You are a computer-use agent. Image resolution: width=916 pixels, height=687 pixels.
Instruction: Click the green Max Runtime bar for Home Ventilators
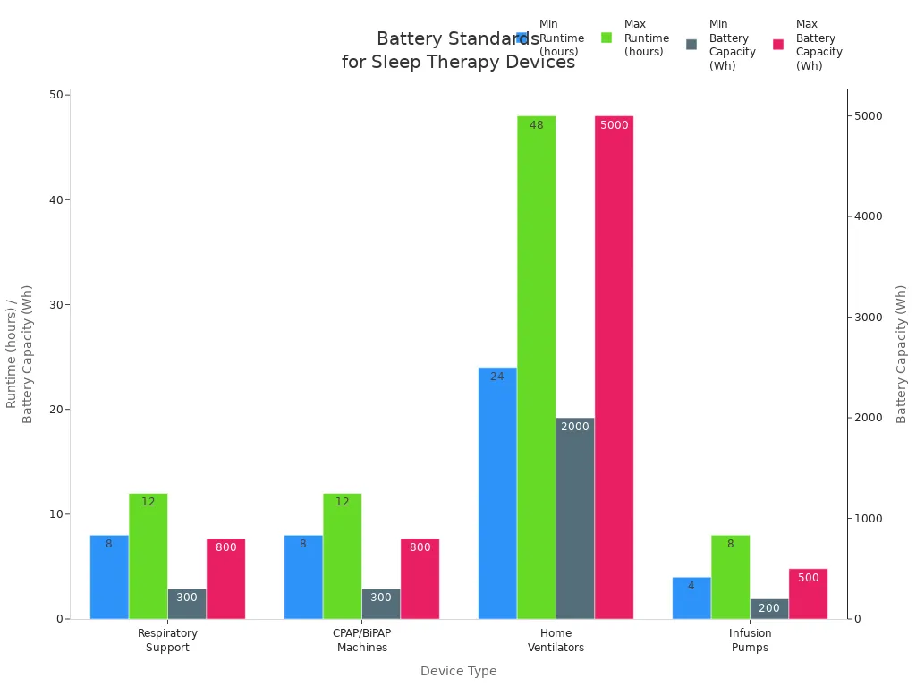point(536,367)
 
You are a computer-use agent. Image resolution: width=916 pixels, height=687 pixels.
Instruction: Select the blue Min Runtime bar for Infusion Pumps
point(691,598)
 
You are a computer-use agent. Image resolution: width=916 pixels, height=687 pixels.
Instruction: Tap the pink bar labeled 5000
point(614,367)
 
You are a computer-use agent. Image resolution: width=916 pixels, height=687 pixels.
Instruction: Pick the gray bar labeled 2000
point(575,518)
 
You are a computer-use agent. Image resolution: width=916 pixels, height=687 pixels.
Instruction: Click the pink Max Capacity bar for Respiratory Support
point(225,579)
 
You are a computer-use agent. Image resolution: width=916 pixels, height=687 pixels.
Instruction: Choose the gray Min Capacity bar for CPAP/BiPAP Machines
point(381,604)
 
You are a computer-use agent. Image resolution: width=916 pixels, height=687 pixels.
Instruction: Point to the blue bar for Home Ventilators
point(497,493)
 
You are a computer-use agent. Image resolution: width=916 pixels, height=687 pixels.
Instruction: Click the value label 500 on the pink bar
point(808,578)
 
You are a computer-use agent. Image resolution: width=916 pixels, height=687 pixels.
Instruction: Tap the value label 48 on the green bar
point(536,125)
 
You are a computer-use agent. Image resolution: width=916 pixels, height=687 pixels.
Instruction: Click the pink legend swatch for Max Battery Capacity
point(778,44)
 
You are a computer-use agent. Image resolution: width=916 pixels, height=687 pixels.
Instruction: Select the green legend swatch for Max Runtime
point(606,38)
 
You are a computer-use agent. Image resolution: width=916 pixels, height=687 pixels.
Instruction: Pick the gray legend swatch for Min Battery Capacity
point(691,44)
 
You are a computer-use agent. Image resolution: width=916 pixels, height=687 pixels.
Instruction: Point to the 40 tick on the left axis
point(56,199)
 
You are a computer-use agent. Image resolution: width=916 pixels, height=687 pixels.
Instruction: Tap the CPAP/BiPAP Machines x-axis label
point(362,640)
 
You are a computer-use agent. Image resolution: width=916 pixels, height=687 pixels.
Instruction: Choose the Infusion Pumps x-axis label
point(750,640)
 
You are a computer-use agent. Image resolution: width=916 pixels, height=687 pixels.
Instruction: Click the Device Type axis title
point(458,671)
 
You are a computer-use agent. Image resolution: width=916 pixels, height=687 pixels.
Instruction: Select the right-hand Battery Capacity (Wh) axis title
point(901,354)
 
